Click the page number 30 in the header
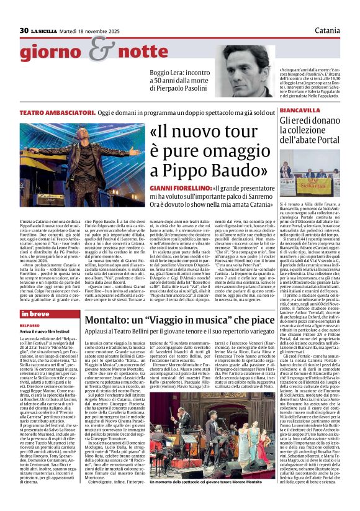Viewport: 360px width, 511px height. click(24, 30)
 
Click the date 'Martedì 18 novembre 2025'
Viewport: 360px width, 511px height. click(89, 30)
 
